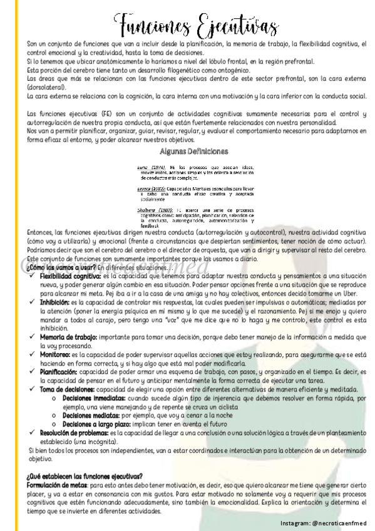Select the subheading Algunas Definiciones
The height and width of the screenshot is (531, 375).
[188, 152]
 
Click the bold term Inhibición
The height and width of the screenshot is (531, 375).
[56, 299]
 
